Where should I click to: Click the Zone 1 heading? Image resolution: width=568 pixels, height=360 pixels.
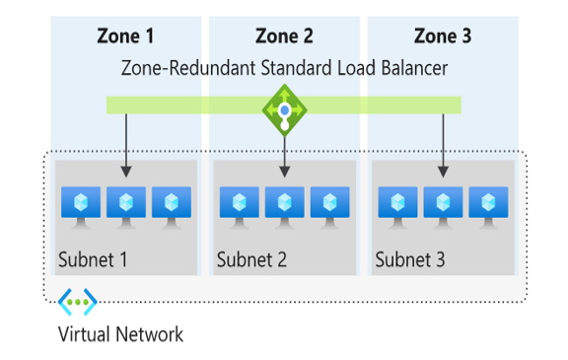point(125,36)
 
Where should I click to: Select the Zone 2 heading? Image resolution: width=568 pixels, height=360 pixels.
point(284,36)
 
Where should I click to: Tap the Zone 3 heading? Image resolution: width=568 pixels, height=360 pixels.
point(443,36)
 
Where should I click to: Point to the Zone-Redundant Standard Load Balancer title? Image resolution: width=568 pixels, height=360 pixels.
point(284,68)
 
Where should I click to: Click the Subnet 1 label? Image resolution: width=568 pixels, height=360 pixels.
point(94,261)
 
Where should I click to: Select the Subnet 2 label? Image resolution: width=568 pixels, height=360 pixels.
point(252,261)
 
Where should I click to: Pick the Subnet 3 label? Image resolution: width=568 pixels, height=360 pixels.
point(410,261)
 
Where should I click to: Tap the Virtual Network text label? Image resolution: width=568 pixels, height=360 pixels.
point(120,334)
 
